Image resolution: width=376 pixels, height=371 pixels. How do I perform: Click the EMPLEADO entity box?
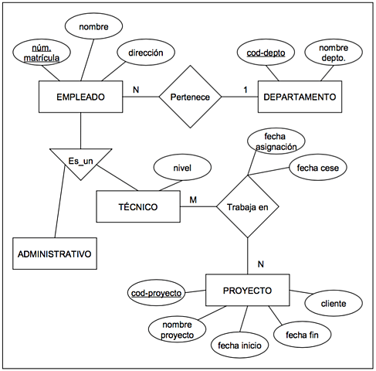(x=80, y=97)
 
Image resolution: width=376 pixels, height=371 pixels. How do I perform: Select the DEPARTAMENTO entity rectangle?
(x=299, y=97)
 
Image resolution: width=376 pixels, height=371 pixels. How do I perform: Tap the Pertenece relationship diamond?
(x=190, y=97)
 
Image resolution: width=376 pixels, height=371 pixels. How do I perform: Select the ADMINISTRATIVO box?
(x=53, y=253)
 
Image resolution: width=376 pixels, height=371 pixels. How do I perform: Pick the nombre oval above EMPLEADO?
(x=93, y=28)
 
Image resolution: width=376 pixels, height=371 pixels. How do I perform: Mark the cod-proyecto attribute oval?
(x=156, y=294)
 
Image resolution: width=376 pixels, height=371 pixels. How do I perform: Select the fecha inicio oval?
(x=239, y=344)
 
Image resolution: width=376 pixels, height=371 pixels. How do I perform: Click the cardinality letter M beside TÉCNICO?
(x=195, y=199)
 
